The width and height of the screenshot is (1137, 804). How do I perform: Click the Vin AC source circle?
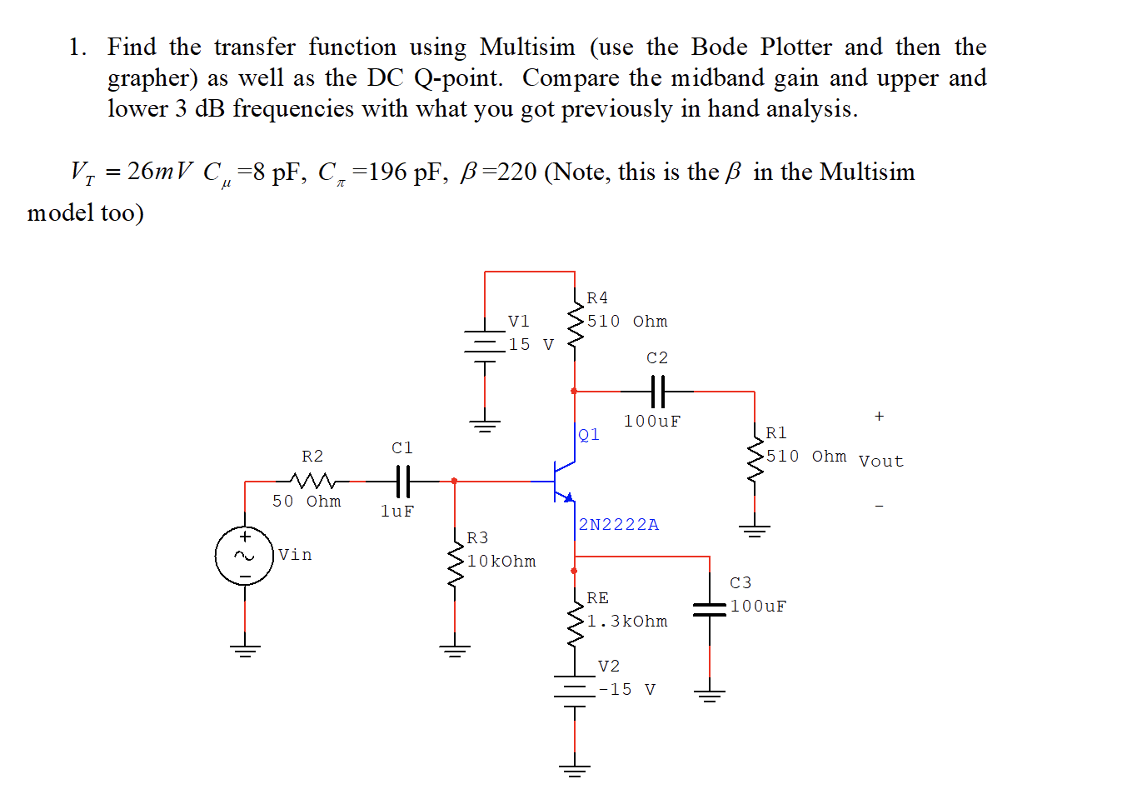244,556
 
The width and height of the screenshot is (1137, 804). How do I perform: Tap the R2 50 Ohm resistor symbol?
312,481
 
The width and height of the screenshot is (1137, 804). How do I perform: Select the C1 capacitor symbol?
402,481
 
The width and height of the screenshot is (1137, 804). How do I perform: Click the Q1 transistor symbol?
563,481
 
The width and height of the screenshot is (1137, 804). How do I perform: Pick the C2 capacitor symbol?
657,390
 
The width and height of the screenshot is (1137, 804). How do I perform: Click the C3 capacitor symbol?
710,609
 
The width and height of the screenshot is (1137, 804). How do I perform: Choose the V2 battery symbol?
575,689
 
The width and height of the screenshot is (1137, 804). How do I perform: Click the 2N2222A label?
619,525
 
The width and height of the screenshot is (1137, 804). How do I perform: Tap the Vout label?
880,462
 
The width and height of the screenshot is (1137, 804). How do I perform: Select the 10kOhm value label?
501,562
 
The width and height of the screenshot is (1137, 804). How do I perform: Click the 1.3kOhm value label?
626,622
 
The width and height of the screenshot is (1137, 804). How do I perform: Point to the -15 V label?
627,690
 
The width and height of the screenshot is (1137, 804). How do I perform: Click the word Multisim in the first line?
527,47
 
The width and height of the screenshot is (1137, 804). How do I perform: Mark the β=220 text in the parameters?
498,172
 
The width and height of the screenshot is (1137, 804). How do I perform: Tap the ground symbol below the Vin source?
244,651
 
